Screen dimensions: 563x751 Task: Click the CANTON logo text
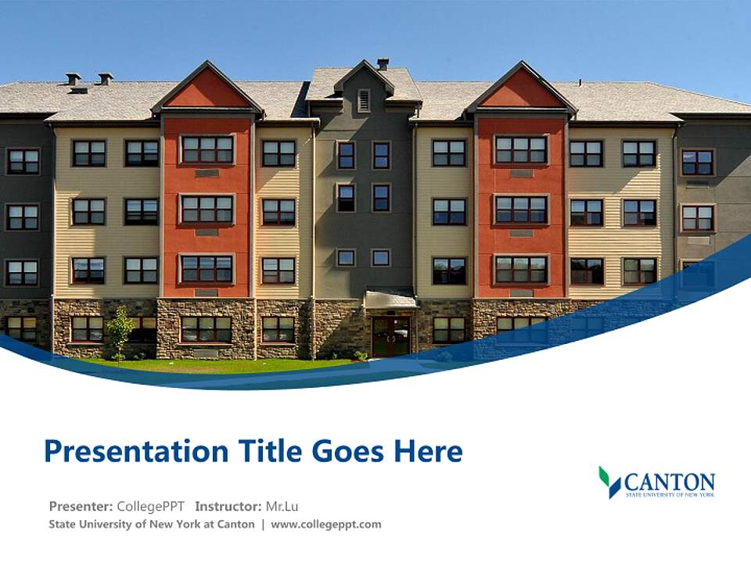click(x=670, y=480)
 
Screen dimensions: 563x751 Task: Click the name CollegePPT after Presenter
click(x=151, y=506)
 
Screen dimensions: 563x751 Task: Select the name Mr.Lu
click(x=282, y=506)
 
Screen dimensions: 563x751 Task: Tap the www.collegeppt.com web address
click(x=326, y=524)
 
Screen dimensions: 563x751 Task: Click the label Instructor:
click(x=228, y=506)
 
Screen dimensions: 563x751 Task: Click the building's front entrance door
click(x=390, y=336)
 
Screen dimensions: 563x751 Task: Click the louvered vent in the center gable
click(x=364, y=100)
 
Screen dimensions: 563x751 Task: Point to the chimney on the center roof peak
click(x=383, y=63)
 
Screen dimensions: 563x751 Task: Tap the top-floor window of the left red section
click(x=207, y=149)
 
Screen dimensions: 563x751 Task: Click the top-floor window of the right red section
click(x=521, y=149)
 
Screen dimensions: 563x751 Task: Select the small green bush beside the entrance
click(x=360, y=356)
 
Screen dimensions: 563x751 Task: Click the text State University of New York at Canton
click(x=152, y=524)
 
